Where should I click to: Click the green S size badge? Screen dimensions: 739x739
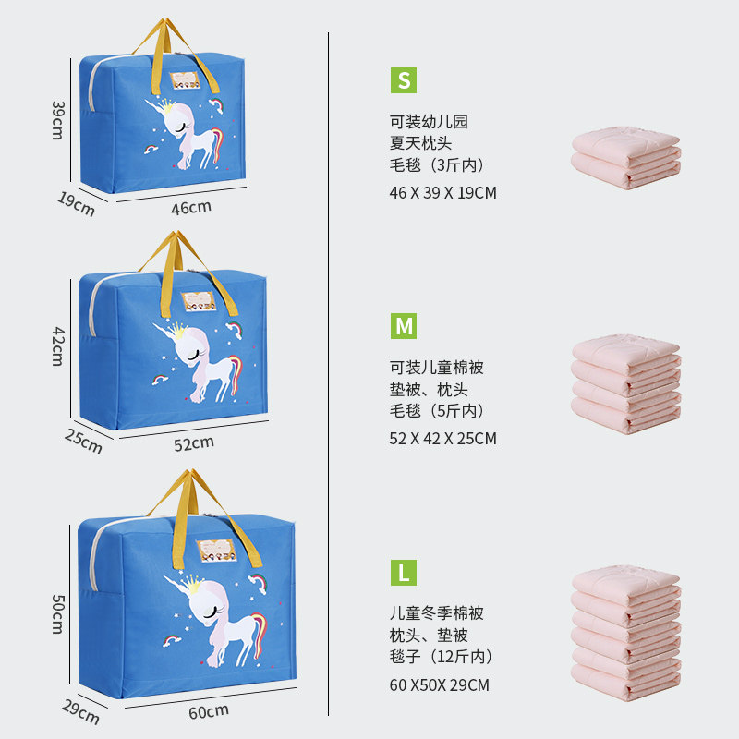(403, 80)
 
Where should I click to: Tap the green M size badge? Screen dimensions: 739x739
(403, 326)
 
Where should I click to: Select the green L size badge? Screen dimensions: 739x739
(403, 572)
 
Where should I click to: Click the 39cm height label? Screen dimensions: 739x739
(56, 119)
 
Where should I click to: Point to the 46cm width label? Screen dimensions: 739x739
(190, 207)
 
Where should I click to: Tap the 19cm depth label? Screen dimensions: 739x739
(77, 203)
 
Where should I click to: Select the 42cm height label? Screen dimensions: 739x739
(56, 345)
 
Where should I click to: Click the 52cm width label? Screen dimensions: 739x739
(194, 442)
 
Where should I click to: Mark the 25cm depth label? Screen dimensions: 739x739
(83, 441)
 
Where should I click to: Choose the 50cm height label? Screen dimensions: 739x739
(56, 614)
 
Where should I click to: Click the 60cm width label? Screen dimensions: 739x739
(209, 710)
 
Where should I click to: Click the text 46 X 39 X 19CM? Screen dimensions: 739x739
(443, 193)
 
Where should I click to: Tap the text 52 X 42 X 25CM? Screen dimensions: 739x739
(443, 439)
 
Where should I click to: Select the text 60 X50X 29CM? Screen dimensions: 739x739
(440, 684)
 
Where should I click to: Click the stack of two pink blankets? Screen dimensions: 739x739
(626, 157)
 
